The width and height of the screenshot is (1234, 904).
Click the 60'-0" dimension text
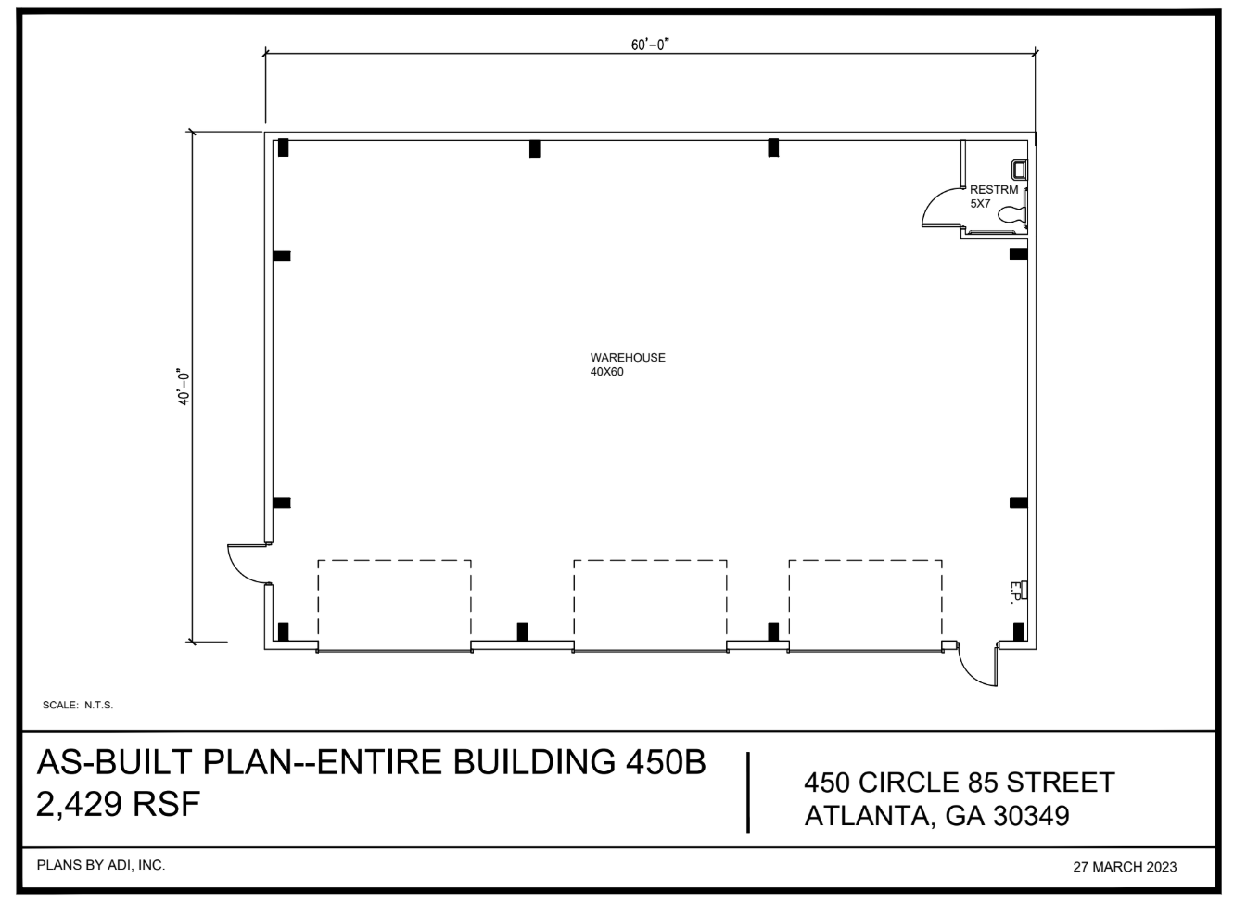click(650, 45)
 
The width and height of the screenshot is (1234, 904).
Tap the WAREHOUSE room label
click(628, 358)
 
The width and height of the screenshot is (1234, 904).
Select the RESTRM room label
click(993, 190)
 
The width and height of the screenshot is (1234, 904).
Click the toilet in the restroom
click(1011, 215)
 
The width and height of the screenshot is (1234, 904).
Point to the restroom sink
click(1020, 169)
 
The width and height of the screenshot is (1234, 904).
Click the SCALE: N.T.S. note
click(78, 706)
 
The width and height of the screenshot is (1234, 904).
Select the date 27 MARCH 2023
click(1125, 867)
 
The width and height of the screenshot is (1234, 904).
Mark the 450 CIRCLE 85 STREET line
click(959, 783)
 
